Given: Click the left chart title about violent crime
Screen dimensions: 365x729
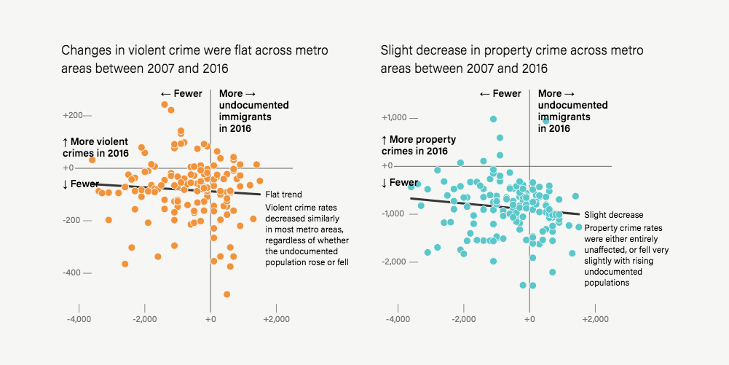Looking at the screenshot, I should [194, 60].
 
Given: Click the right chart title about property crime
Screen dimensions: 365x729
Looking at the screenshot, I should [511, 60].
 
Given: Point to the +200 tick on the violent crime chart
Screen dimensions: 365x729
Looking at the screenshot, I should [74, 115].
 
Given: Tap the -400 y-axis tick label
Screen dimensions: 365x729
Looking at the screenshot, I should [74, 272].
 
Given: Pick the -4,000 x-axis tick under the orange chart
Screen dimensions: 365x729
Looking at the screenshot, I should [78, 319].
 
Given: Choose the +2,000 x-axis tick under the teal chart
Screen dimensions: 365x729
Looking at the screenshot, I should [596, 319].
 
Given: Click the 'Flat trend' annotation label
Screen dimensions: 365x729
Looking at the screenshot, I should [283, 195].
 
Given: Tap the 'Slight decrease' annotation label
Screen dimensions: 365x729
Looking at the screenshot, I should [614, 215].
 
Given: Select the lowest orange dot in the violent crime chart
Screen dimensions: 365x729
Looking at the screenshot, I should [226, 294].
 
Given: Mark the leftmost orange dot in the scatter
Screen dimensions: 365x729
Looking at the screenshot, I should [92, 160].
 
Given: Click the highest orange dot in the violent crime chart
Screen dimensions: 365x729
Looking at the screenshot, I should [165, 105].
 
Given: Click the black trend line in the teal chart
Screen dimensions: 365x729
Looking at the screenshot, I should [495, 206].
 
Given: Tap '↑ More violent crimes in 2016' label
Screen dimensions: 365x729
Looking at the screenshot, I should [95, 147].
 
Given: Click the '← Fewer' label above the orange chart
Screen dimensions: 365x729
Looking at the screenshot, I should [181, 94].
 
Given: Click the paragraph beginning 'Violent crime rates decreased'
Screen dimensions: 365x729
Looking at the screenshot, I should [307, 235].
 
